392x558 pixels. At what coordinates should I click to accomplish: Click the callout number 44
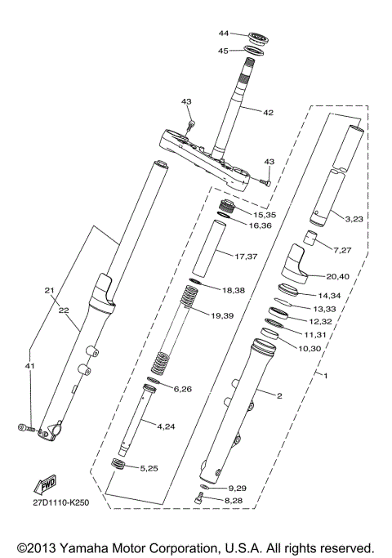(224, 33)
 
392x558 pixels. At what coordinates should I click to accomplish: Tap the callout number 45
(224, 51)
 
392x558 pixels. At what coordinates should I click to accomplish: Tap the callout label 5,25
(171, 467)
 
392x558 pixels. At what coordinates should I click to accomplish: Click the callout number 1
(326, 376)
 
